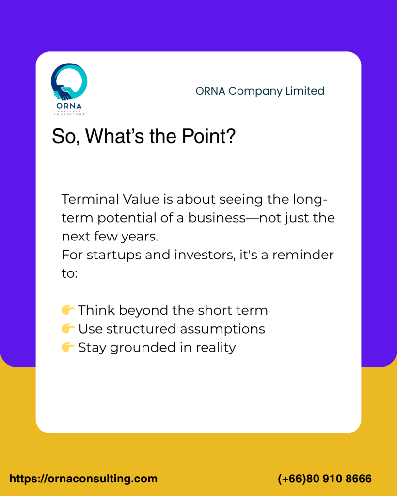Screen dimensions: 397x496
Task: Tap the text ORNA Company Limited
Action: click(260, 91)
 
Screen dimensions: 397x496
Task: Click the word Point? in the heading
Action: click(209, 136)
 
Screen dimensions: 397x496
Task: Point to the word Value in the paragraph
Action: click(141, 199)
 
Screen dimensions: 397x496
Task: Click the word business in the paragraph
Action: click(217, 218)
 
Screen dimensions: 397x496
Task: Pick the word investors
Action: click(205, 255)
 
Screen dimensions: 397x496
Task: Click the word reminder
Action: click(303, 255)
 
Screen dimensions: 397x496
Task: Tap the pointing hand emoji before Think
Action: click(68, 310)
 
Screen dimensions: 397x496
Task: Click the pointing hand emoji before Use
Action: click(68, 328)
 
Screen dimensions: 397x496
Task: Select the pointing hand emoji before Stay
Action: click(68, 347)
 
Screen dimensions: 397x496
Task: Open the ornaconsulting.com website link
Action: click(83, 479)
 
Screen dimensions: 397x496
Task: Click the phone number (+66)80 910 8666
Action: click(325, 479)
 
